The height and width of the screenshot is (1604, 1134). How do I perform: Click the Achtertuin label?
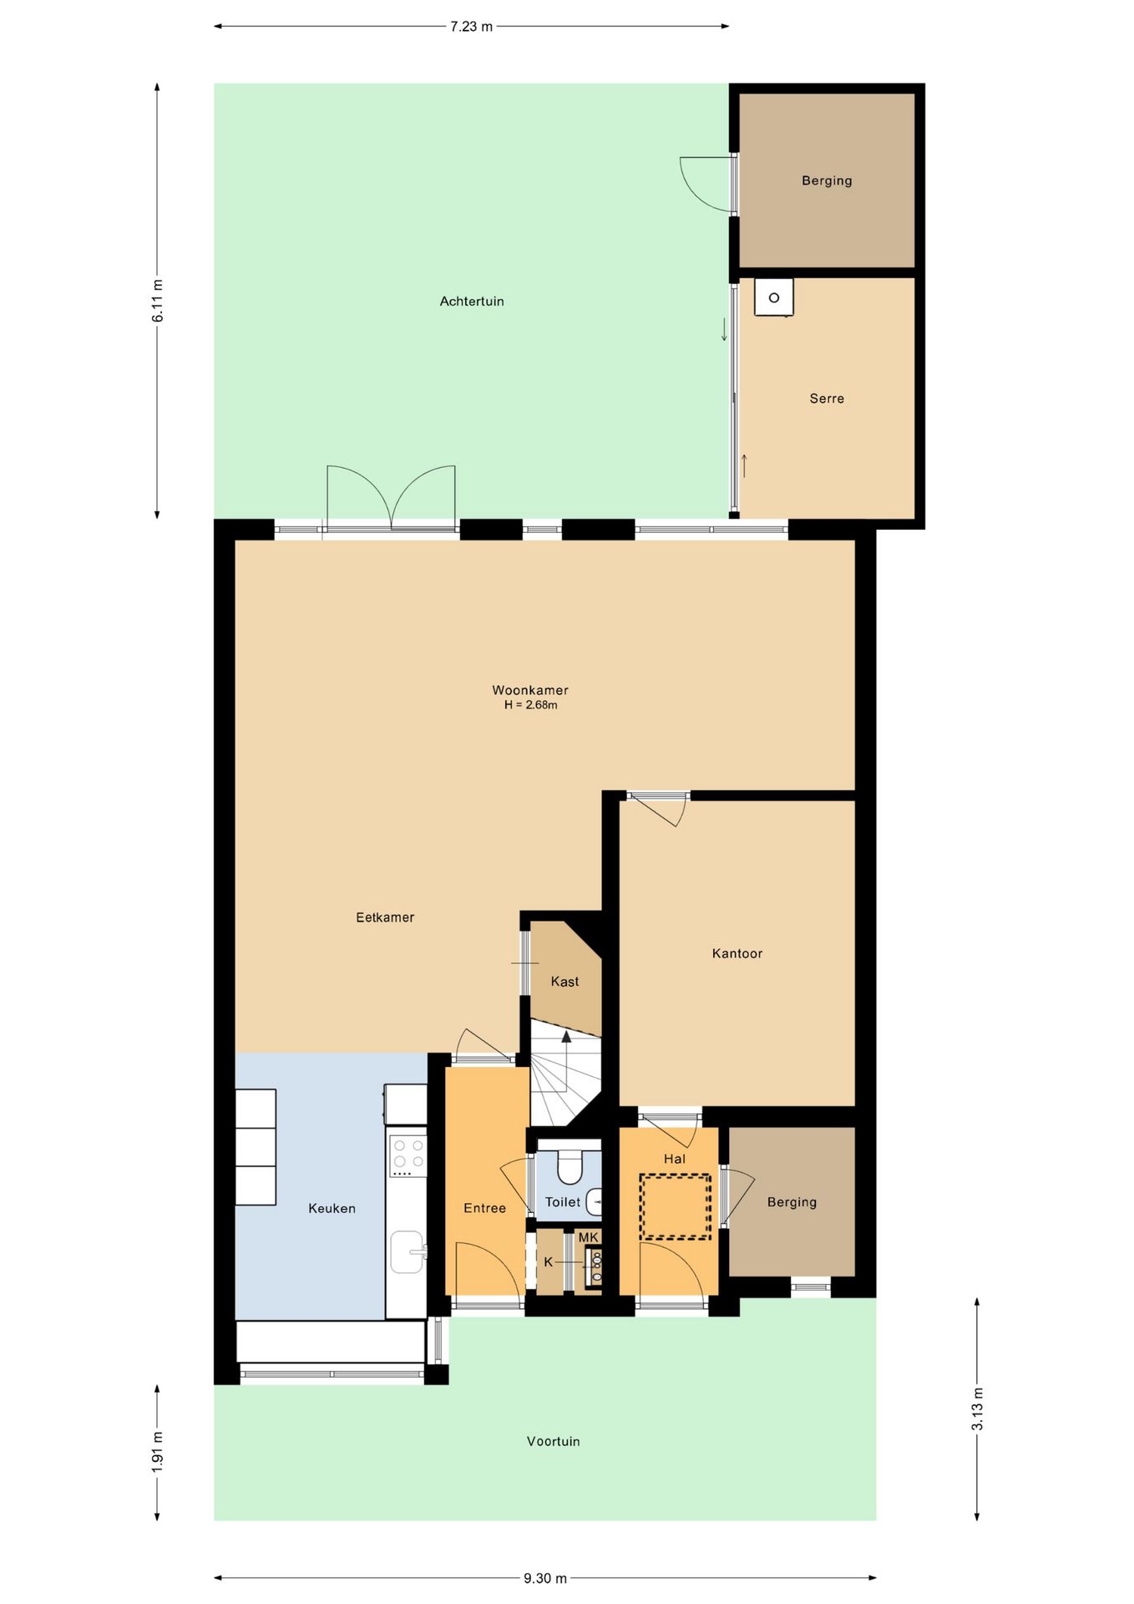472,302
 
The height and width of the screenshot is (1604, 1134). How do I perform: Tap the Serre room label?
827,398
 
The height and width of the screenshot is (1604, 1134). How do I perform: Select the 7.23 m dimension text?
472,27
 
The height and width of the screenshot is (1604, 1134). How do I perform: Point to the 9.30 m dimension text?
545,1578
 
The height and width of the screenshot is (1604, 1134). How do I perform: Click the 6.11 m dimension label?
158,301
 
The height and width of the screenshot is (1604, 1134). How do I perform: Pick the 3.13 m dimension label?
977,1409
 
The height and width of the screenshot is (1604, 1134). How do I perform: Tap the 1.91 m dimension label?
158,1452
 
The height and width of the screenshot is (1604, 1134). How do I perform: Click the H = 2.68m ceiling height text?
530,705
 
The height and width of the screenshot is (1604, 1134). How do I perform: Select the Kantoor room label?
737,953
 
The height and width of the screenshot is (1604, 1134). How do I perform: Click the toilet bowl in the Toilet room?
570,1166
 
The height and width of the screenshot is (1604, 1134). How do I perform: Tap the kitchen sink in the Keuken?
408,1251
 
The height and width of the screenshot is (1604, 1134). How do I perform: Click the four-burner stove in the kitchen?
408,1153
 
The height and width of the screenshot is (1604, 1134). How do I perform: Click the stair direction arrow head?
566,1037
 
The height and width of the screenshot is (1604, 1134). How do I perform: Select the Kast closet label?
564,982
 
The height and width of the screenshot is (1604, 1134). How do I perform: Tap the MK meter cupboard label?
589,1237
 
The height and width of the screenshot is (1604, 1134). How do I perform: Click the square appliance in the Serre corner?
774,297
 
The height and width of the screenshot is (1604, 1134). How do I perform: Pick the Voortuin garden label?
553,1441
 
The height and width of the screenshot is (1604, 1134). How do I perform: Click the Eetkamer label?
385,917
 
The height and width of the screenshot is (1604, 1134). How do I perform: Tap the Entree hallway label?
485,1208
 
